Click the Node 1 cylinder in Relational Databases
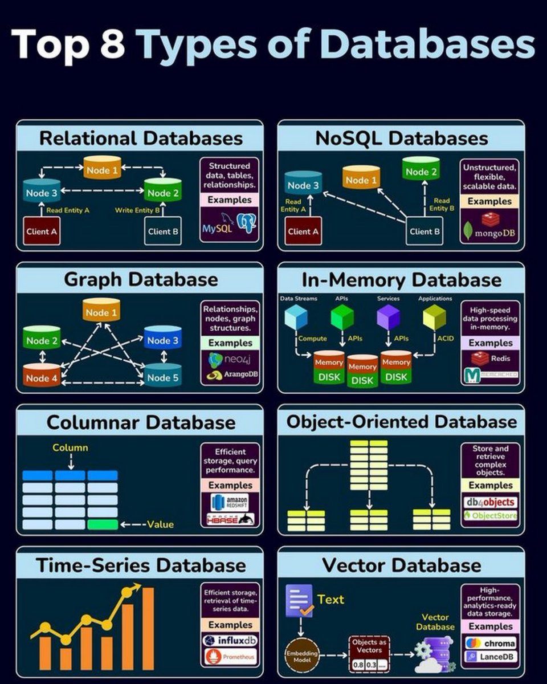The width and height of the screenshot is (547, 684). point(103,169)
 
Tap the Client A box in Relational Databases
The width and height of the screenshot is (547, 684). point(42,231)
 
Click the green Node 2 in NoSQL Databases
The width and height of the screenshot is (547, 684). point(421,170)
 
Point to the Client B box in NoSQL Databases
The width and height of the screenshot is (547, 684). point(425,231)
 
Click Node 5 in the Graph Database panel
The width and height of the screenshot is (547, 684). point(163,376)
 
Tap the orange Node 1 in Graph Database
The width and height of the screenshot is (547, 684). point(101,311)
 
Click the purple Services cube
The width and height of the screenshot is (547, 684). point(388,317)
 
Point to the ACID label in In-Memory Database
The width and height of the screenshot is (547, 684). point(446,339)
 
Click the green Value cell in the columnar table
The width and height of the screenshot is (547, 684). point(102,524)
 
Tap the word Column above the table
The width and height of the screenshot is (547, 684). point(70,447)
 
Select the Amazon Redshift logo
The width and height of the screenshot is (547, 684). point(230,501)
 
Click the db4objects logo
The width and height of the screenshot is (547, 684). point(491,502)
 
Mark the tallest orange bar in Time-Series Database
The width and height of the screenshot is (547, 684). point(148,628)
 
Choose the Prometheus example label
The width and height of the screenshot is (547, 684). point(231,657)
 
